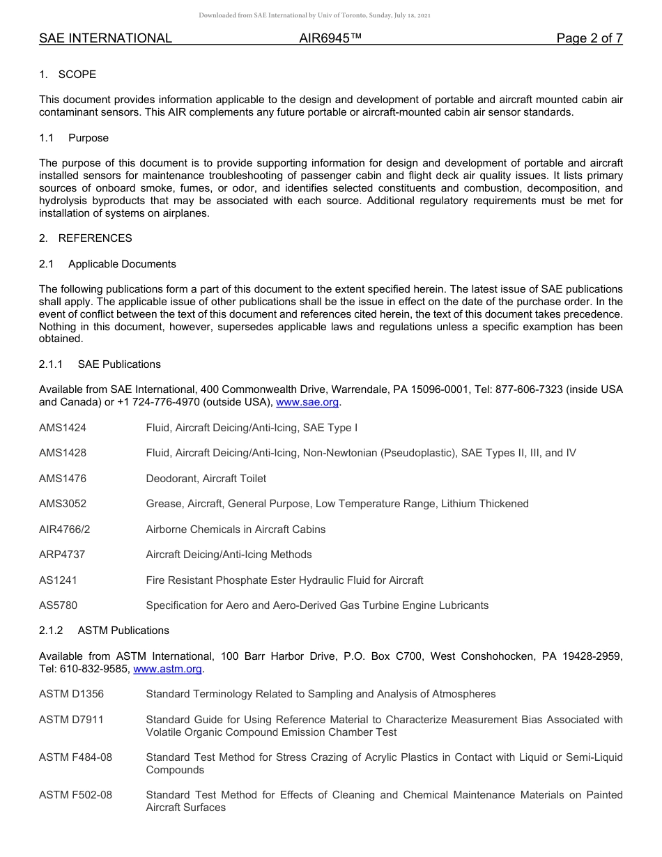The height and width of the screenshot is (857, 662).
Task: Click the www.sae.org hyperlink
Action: click(x=307, y=403)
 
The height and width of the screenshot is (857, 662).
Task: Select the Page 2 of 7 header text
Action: click(x=589, y=38)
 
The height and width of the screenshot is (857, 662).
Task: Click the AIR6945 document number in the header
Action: click(x=330, y=38)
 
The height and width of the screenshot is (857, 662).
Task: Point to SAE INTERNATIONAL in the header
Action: click(x=105, y=38)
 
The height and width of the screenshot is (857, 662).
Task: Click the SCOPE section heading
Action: click(x=77, y=75)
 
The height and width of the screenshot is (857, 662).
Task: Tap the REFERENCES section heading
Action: click(x=95, y=238)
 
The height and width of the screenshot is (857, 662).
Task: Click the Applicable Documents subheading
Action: click(x=122, y=264)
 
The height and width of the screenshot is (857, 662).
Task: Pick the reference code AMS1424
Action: click(x=63, y=428)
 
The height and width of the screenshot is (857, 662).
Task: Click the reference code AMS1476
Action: click(x=63, y=479)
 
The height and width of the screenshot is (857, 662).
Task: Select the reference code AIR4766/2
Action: click(x=65, y=530)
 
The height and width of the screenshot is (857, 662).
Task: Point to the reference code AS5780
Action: click(x=59, y=605)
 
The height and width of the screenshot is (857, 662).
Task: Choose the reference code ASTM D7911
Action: click(x=71, y=720)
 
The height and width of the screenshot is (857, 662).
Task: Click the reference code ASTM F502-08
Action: click(x=75, y=795)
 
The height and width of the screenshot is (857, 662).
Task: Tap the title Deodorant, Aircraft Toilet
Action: click(x=206, y=479)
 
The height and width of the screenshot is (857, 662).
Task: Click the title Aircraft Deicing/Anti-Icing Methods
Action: click(x=229, y=555)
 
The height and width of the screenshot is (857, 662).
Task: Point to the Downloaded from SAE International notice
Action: click(x=314, y=15)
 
